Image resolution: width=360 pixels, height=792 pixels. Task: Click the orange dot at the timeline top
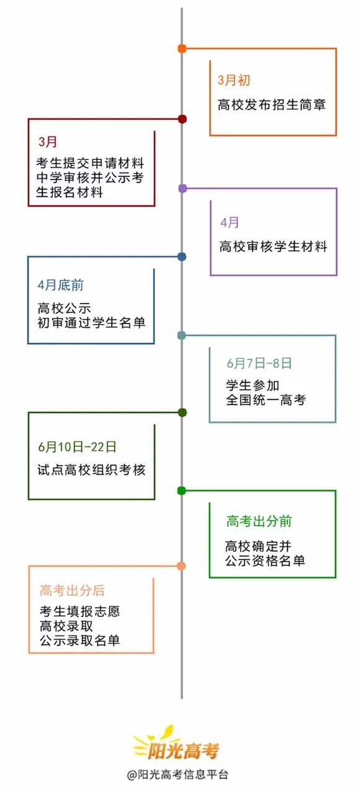[182, 48]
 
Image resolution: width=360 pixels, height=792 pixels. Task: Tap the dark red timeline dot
[182, 119]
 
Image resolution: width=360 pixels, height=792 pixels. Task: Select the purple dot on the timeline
[182, 188]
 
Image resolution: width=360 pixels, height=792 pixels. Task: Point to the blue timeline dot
[182, 256]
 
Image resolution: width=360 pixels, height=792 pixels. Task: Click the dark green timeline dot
[182, 412]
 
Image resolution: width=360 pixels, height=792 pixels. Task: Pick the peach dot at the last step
[181, 565]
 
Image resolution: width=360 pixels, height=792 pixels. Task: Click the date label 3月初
[234, 81]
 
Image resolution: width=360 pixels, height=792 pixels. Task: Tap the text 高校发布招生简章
[272, 104]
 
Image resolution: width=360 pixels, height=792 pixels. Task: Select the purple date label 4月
[230, 222]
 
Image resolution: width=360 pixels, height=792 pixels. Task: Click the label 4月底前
[61, 286]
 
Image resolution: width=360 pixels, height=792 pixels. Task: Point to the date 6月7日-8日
[259, 363]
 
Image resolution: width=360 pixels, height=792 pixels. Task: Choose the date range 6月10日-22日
[77, 446]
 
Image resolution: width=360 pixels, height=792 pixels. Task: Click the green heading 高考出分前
[259, 521]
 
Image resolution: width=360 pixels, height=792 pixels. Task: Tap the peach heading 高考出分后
[73, 591]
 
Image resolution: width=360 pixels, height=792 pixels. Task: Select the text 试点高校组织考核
[91, 470]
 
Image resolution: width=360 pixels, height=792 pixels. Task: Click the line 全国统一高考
[266, 400]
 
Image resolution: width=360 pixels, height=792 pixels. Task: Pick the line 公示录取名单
[79, 641]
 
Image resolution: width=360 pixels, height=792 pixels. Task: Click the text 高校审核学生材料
[273, 246]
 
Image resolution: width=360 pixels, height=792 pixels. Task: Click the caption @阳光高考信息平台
[178, 775]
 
